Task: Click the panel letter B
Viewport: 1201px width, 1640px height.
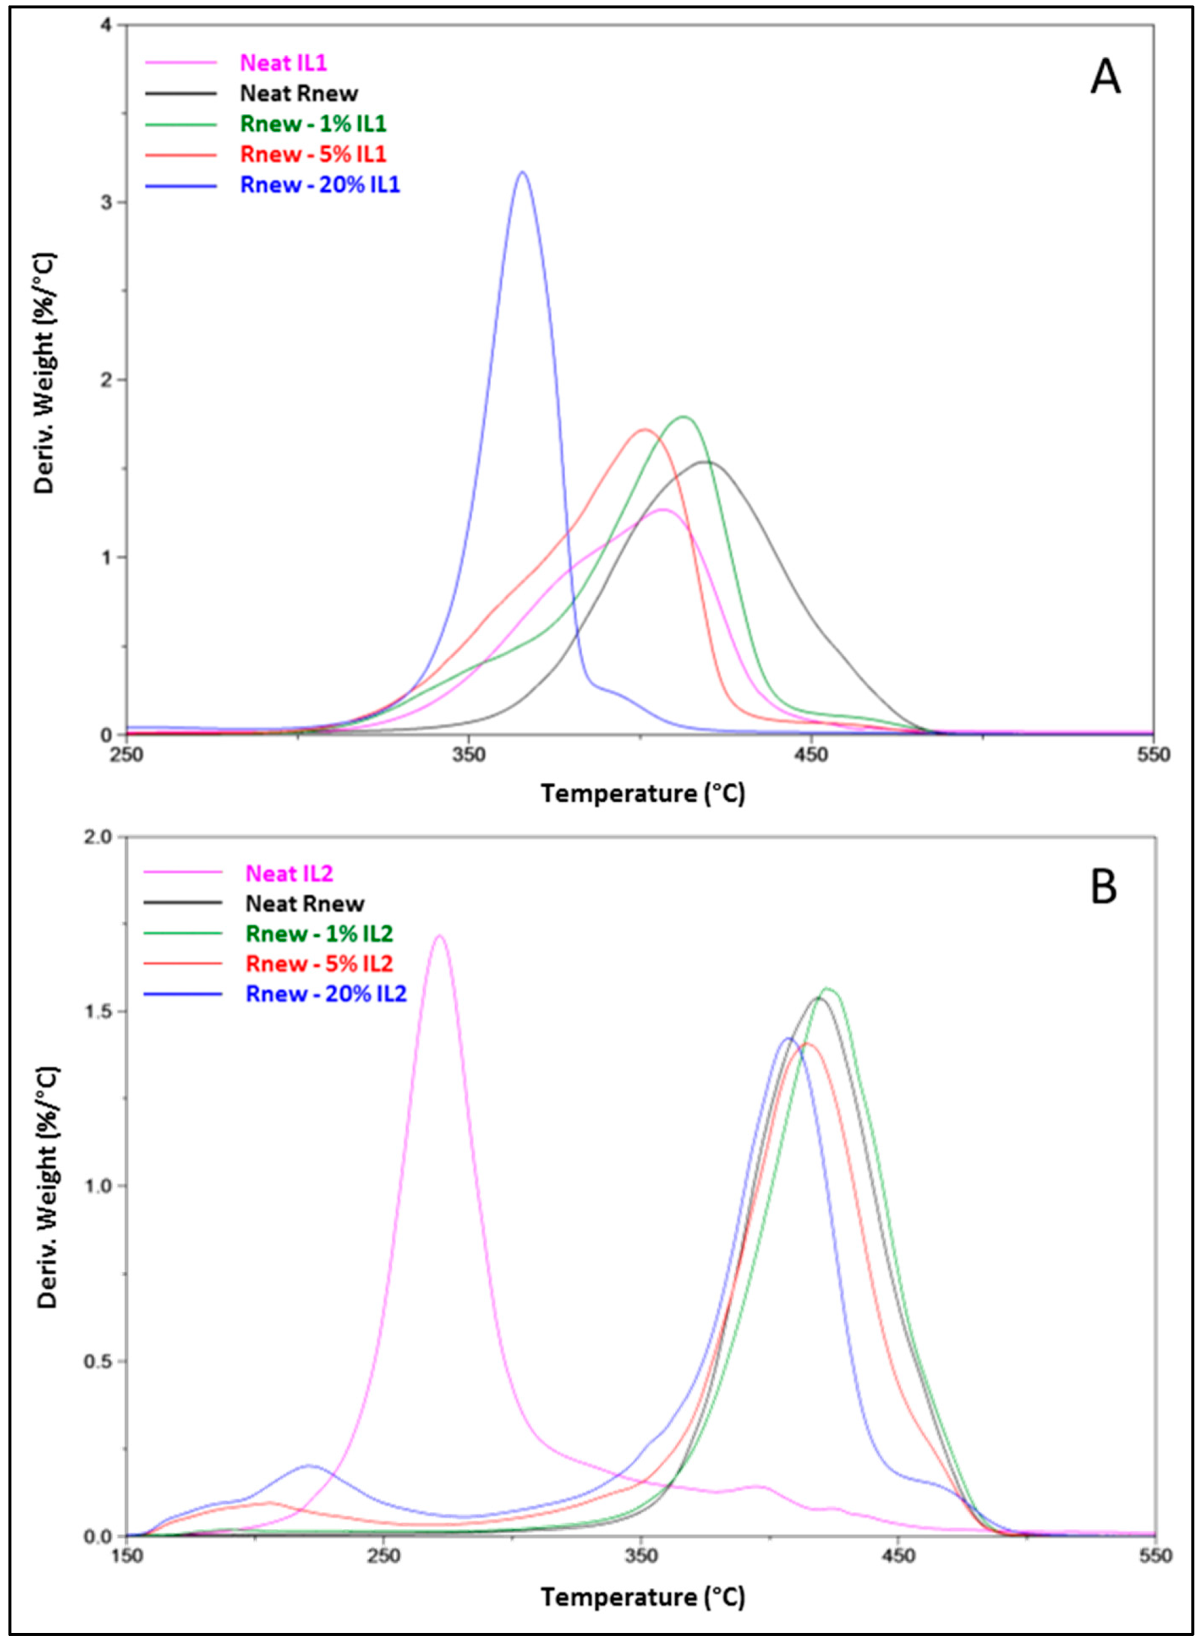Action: pyautogui.click(x=1104, y=887)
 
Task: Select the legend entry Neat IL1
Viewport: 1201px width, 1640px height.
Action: pyautogui.click(x=284, y=63)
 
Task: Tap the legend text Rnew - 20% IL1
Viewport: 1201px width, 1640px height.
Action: pyautogui.click(x=320, y=185)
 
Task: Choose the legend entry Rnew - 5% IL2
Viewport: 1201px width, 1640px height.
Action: pyautogui.click(x=319, y=963)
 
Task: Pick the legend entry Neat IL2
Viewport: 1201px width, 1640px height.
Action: pyautogui.click(x=289, y=873)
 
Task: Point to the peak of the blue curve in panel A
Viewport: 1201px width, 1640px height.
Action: pyautogui.click(x=522, y=172)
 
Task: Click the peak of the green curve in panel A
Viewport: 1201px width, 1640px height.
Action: pyautogui.click(x=684, y=416)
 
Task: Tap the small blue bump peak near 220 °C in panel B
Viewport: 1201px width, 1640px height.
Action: pyautogui.click(x=309, y=1466)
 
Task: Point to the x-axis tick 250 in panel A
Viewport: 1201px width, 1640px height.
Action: pyautogui.click(x=126, y=755)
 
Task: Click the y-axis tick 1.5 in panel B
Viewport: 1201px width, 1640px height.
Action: pyautogui.click(x=102, y=1012)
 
